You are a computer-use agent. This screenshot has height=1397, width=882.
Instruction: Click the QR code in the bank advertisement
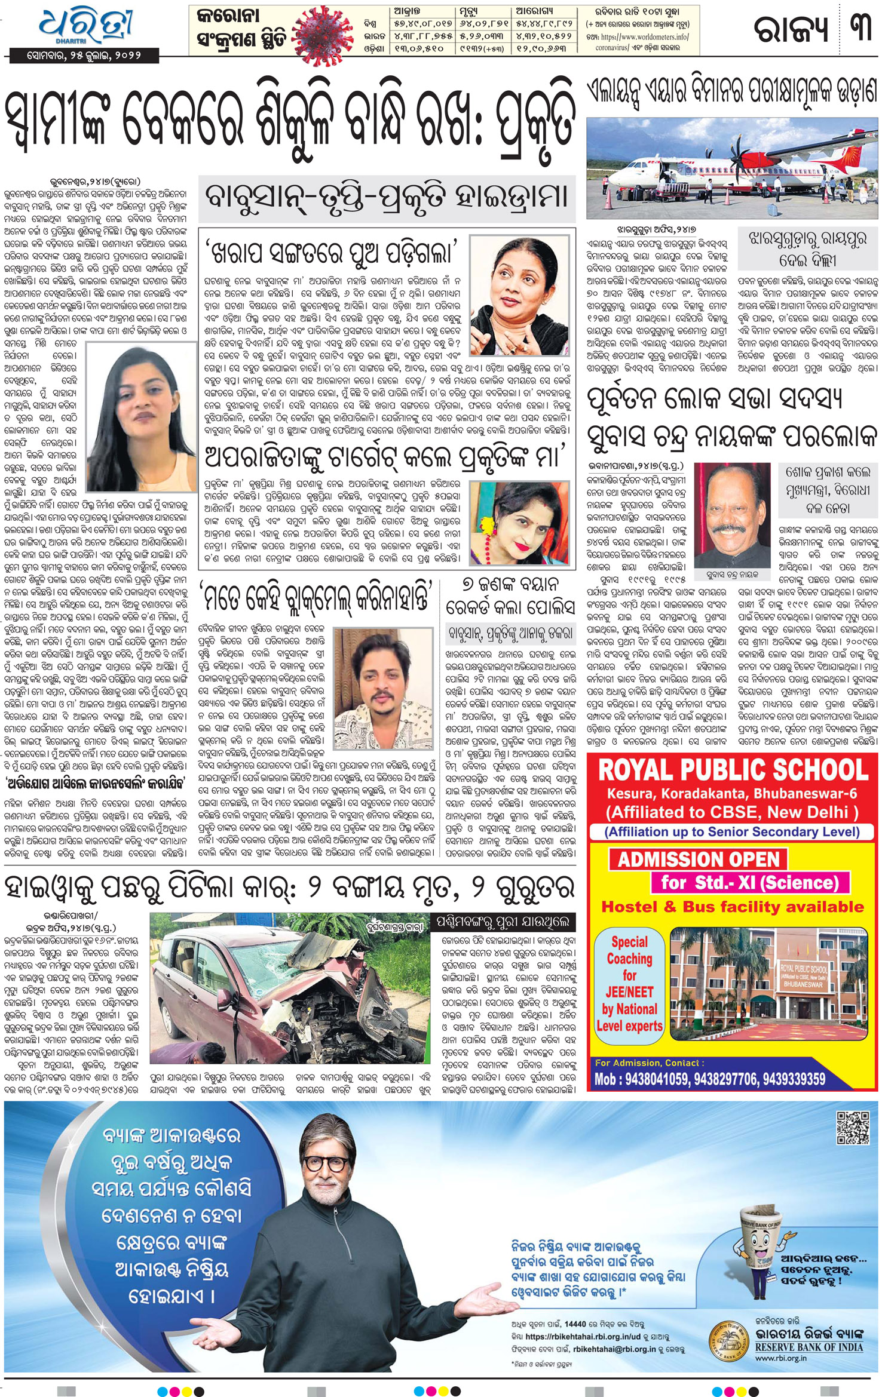853,1127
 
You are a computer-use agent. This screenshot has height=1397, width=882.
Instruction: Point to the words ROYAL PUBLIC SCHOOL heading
733,771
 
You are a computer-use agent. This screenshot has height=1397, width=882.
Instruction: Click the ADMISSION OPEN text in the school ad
699,859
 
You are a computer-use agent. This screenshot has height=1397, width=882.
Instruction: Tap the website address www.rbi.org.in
780,1358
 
